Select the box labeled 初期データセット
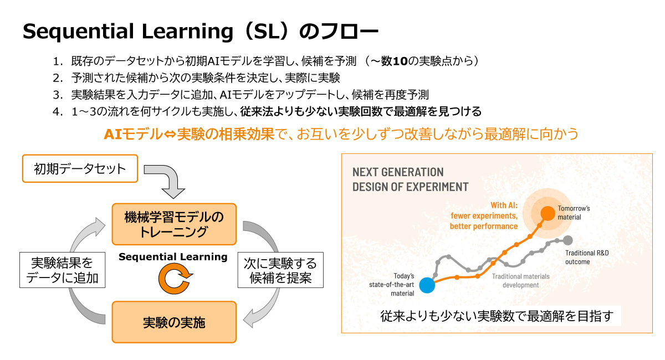(80, 169)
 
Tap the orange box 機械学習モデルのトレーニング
(174, 224)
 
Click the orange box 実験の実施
(174, 322)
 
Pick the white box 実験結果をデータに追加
(62, 270)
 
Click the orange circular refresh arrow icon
(174, 280)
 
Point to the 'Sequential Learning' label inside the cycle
(173, 257)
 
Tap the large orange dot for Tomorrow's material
(547, 212)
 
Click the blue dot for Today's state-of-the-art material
(426, 285)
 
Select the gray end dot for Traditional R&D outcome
(567, 240)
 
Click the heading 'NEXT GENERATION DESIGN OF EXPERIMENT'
(410, 179)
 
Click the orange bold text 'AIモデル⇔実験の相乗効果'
(190, 134)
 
